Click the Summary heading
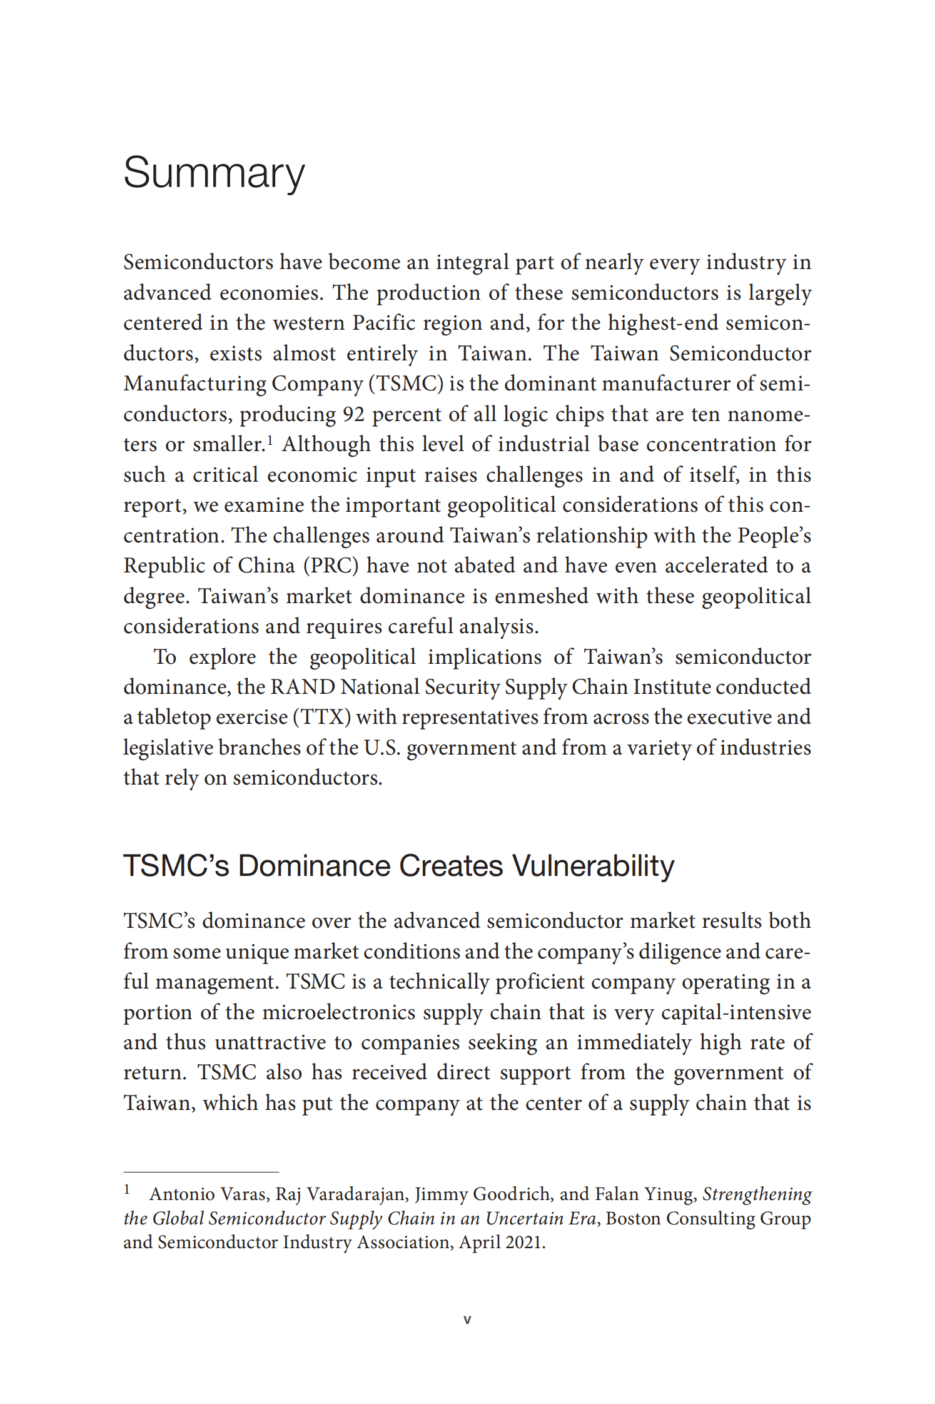coord(214,173)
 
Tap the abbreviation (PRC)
coord(331,566)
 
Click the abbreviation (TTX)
coord(321,718)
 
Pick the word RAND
coord(302,688)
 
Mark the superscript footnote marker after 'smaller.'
coord(270,440)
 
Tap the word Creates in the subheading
coord(451,867)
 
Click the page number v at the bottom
coord(467,1320)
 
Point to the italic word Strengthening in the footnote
coord(757,1194)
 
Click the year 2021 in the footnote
coord(525,1242)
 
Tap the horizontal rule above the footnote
coord(201,1172)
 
